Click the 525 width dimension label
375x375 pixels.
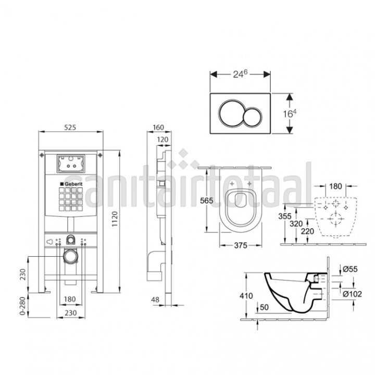point(70,127)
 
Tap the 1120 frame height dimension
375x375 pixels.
point(115,219)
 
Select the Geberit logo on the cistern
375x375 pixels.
point(71,184)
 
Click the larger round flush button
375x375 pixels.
point(230,113)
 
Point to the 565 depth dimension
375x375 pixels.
point(206,201)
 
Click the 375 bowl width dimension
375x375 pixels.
point(241,245)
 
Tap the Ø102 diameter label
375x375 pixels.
point(352,294)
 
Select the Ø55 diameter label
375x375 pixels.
point(350,269)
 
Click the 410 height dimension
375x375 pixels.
point(246,296)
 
